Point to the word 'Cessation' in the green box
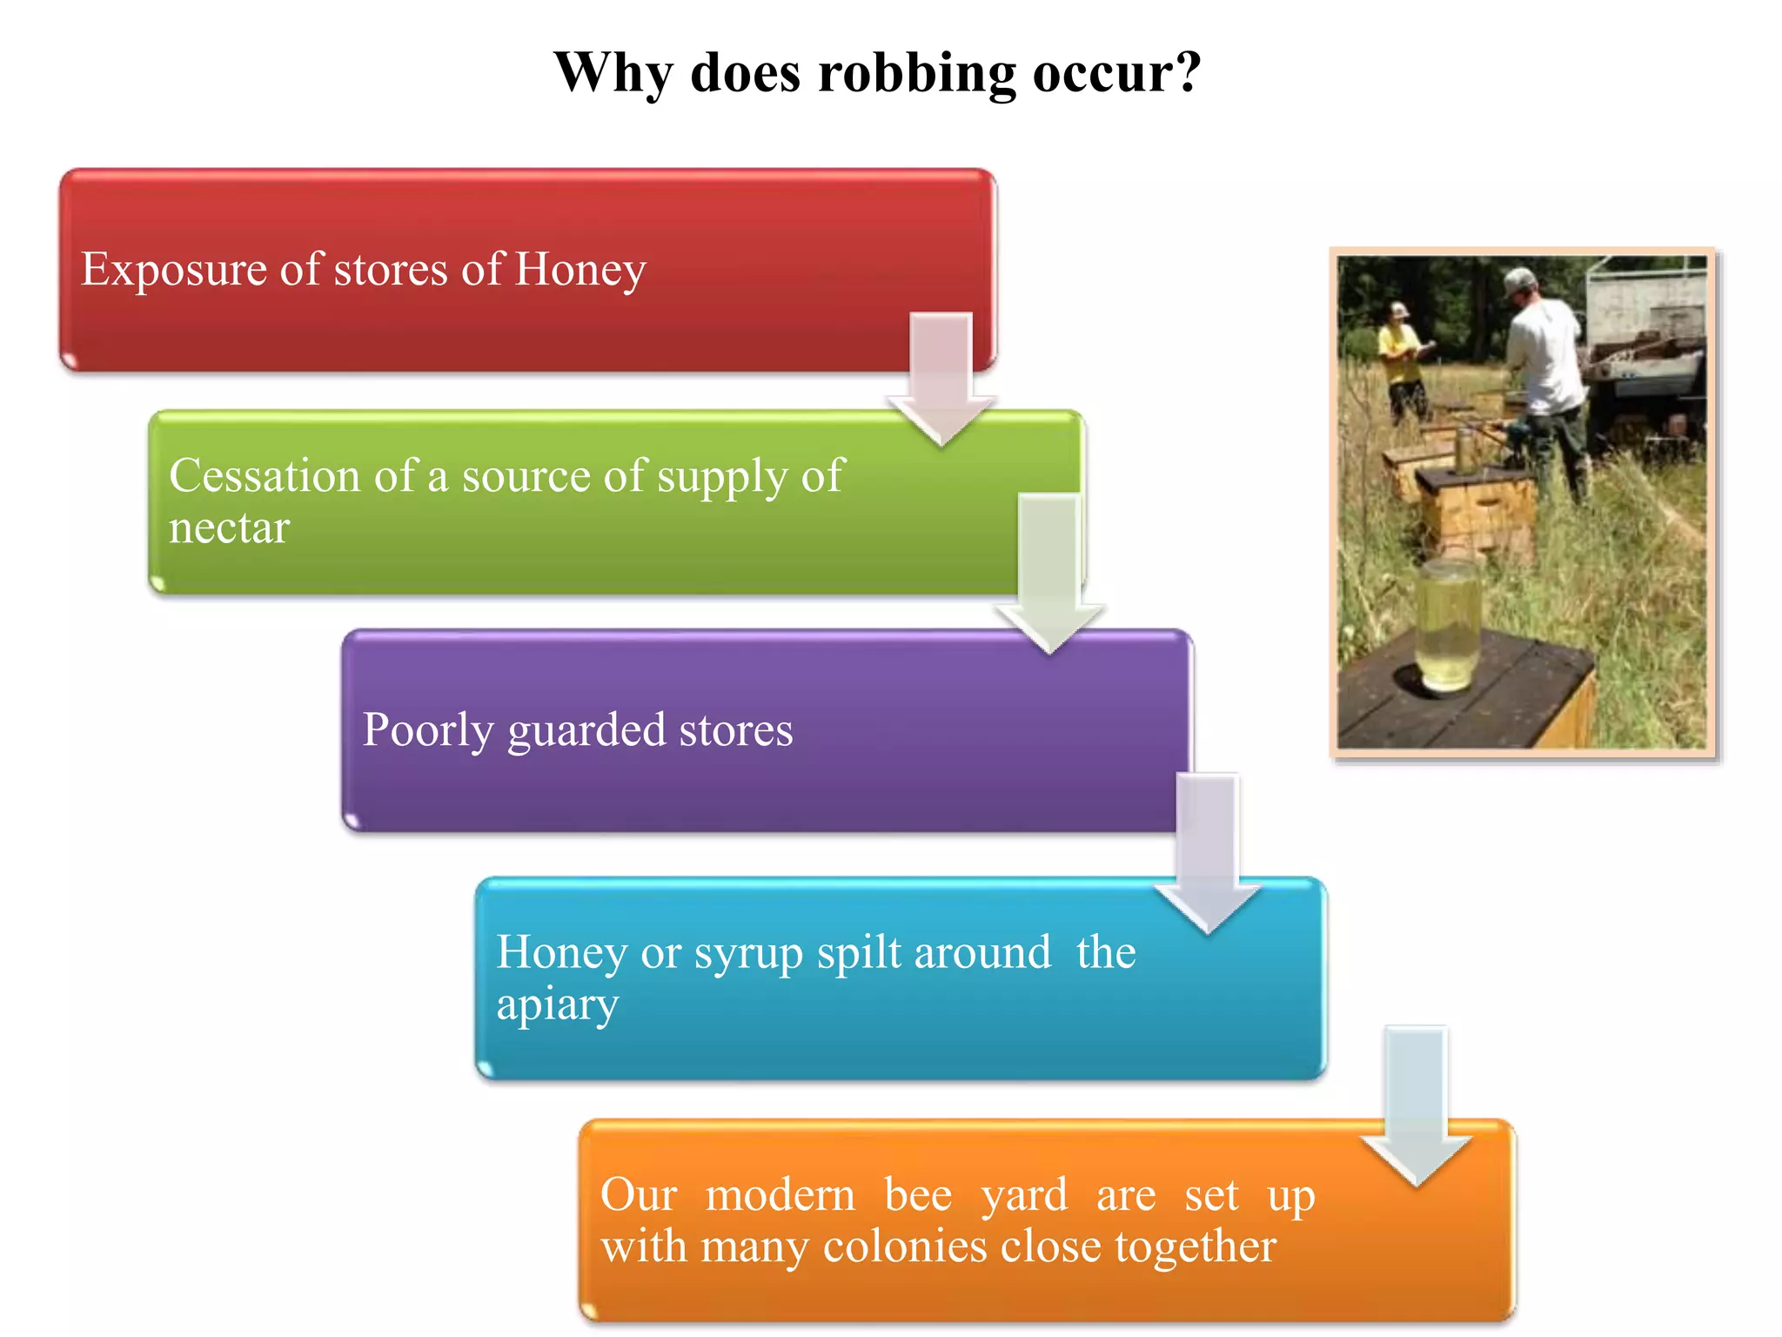coord(265,476)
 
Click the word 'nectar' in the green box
coord(229,528)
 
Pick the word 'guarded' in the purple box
coord(586,731)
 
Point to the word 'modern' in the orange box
coord(780,1195)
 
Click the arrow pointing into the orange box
coord(1416,1105)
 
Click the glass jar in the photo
coord(1448,624)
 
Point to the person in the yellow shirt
coord(1403,361)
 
